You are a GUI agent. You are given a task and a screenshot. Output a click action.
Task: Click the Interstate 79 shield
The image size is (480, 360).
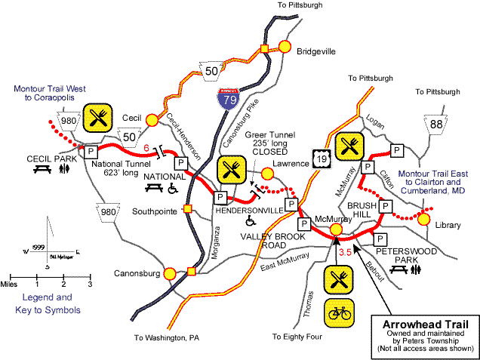tap(223, 99)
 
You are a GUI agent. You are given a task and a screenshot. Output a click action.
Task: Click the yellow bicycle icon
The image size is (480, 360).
tap(337, 312)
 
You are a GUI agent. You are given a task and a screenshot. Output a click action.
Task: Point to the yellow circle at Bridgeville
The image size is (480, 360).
tap(285, 46)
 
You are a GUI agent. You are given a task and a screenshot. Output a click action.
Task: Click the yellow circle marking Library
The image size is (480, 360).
tap(424, 219)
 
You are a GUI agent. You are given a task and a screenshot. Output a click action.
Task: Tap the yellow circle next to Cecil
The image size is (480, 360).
tap(152, 118)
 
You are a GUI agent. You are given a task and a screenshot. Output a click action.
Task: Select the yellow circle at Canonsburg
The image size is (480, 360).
tap(170, 273)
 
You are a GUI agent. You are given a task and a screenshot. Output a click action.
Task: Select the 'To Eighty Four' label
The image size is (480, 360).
tap(302, 337)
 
